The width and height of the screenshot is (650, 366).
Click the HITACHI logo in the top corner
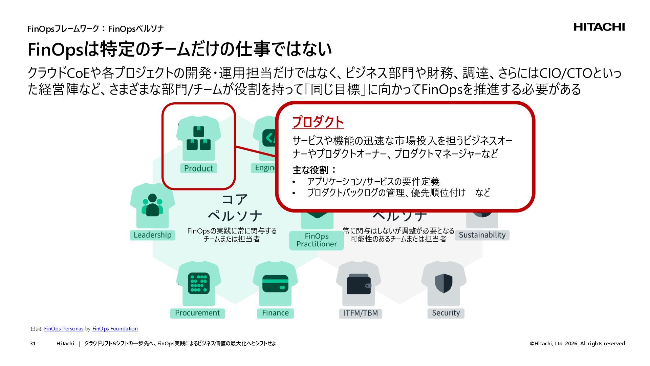click(599, 27)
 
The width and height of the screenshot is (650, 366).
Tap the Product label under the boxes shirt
click(198, 168)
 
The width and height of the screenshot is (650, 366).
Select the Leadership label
click(152, 235)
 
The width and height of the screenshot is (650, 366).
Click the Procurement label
click(197, 313)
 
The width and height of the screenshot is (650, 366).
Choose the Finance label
click(275, 313)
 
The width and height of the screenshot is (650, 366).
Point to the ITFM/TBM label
click(361, 313)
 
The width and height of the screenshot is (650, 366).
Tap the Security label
click(446, 313)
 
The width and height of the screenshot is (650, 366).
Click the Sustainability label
click(482, 235)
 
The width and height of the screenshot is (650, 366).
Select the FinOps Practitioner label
click(317, 240)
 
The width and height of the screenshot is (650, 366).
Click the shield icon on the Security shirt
click(443, 283)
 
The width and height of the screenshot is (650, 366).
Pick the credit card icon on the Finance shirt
click(275, 283)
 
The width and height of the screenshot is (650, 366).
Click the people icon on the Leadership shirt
click(152, 205)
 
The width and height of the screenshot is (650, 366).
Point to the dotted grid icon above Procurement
click(198, 283)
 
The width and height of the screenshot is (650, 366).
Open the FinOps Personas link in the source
click(64, 329)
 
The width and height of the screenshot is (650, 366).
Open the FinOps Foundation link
click(115, 329)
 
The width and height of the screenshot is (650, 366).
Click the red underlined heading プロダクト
click(318, 122)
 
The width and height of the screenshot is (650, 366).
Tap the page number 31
click(32, 344)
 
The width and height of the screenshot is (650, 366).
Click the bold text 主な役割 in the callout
click(310, 170)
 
